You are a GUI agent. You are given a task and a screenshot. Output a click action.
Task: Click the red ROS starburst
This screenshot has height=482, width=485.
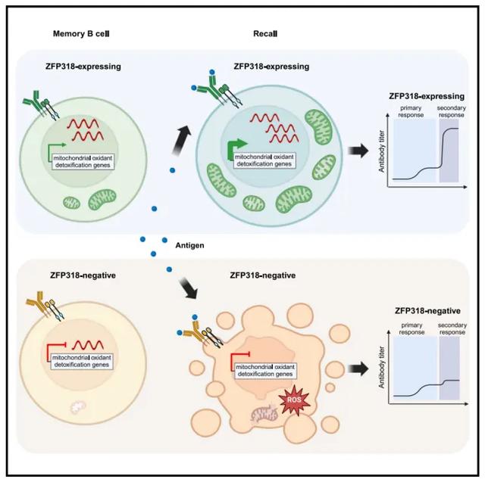click(x=294, y=400)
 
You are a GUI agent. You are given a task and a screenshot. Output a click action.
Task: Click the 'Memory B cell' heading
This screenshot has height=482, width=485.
click(x=81, y=33)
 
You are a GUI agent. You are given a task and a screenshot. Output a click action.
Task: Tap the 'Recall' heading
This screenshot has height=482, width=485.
click(x=265, y=33)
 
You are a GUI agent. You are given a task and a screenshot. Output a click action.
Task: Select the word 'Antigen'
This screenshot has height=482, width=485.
click(x=189, y=245)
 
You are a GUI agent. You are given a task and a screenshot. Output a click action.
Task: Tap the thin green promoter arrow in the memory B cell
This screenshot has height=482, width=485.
click(x=55, y=152)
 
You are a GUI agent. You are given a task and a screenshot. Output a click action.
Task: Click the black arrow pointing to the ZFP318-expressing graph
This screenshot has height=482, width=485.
click(x=358, y=151)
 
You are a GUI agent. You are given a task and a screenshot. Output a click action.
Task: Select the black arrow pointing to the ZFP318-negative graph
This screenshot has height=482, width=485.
click(x=358, y=369)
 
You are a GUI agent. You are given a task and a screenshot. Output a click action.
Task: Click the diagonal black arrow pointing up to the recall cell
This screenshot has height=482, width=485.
click(x=182, y=140)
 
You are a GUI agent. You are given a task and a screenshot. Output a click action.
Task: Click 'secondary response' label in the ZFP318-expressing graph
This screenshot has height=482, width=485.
click(x=452, y=111)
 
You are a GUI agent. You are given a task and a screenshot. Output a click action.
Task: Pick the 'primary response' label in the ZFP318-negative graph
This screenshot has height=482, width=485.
click(x=411, y=329)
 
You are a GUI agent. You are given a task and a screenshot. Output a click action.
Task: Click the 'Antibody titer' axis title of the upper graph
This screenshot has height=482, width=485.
click(x=381, y=151)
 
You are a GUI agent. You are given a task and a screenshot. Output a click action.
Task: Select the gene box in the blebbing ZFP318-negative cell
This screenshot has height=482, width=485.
click(x=265, y=371)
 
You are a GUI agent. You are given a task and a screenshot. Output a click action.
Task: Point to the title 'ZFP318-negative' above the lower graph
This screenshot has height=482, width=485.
click(x=427, y=311)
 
